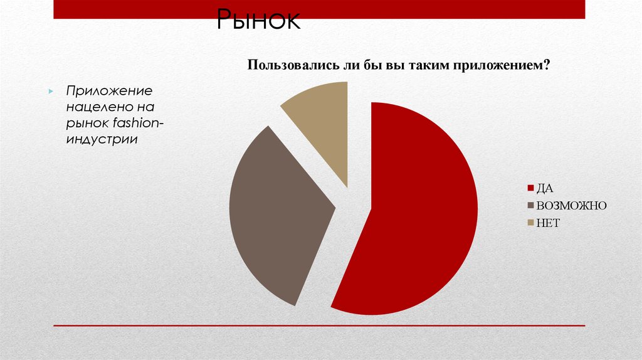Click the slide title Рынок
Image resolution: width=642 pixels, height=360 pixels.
(258, 21)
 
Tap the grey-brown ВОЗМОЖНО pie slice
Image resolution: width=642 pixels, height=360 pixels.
(276, 213)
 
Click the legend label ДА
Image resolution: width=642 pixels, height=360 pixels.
(544, 188)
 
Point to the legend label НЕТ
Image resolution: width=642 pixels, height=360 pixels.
(547, 223)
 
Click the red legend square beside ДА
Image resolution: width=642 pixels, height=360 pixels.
(530, 188)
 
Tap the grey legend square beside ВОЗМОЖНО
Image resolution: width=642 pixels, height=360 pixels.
(530, 206)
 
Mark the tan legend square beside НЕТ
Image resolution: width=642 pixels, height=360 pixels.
(530, 223)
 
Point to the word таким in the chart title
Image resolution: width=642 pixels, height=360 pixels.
(431, 65)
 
